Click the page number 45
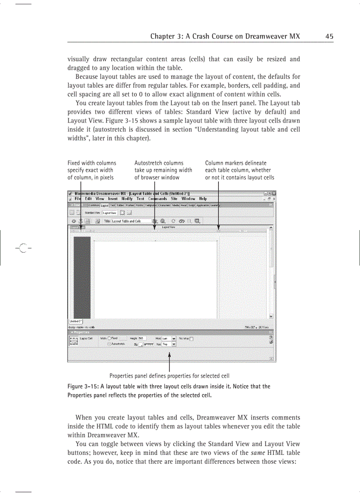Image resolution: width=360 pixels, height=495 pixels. click(329, 36)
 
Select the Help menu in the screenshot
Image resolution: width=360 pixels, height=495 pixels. click(202, 199)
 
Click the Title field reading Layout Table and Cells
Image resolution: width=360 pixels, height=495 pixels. click(131, 221)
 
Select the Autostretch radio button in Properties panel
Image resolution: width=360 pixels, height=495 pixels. click(109, 344)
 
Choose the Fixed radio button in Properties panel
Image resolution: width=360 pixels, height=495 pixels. click(109, 338)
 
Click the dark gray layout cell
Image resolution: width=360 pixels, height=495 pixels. click(82, 278)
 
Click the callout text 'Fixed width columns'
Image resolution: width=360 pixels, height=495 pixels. click(92, 163)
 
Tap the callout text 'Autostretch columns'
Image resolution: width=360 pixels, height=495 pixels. click(159, 163)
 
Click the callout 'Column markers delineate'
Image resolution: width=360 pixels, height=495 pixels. click(236, 163)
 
